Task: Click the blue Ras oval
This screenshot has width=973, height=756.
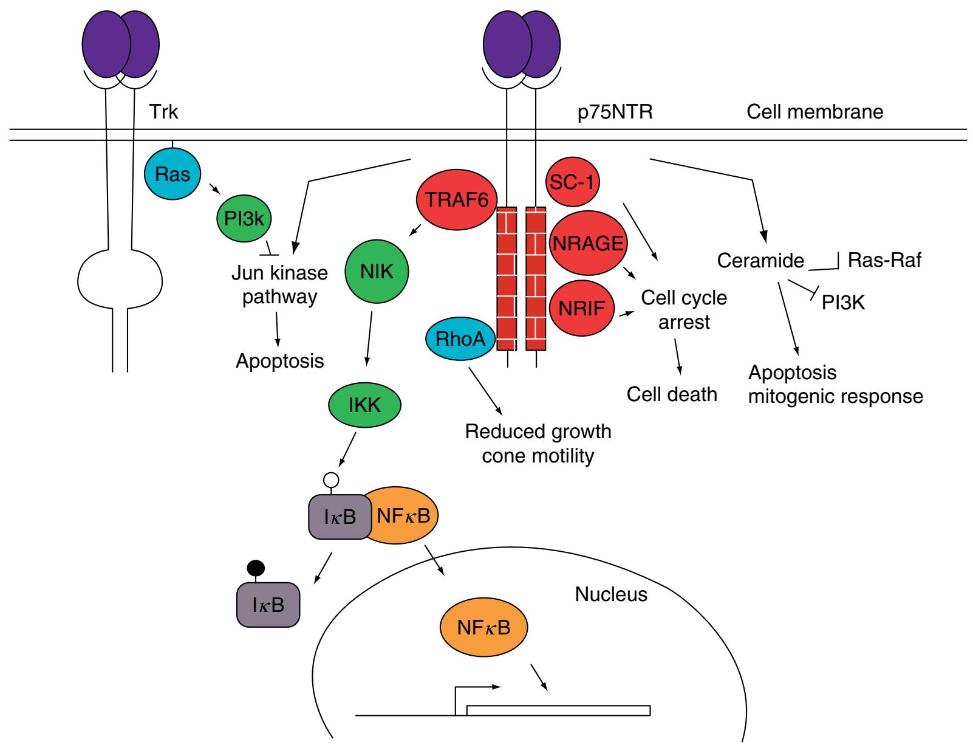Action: tap(172, 174)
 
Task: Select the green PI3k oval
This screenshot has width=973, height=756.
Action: tap(244, 219)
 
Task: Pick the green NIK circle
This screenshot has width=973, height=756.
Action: tap(377, 272)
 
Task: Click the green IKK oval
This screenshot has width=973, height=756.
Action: tap(364, 405)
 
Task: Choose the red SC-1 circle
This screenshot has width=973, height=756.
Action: tap(573, 182)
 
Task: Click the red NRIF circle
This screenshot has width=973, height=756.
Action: tap(581, 309)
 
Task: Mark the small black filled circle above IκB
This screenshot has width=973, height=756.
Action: tap(256, 568)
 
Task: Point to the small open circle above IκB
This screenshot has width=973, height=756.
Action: tap(331, 479)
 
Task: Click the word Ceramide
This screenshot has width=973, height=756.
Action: tap(760, 261)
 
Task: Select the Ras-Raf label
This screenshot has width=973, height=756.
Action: tap(884, 260)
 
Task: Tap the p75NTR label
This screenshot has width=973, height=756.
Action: tap(615, 112)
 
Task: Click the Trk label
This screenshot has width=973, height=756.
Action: tap(163, 112)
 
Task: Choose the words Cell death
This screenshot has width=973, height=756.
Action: tap(672, 394)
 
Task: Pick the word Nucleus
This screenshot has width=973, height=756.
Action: tap(611, 594)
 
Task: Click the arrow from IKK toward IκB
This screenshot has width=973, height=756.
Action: tap(344, 449)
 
